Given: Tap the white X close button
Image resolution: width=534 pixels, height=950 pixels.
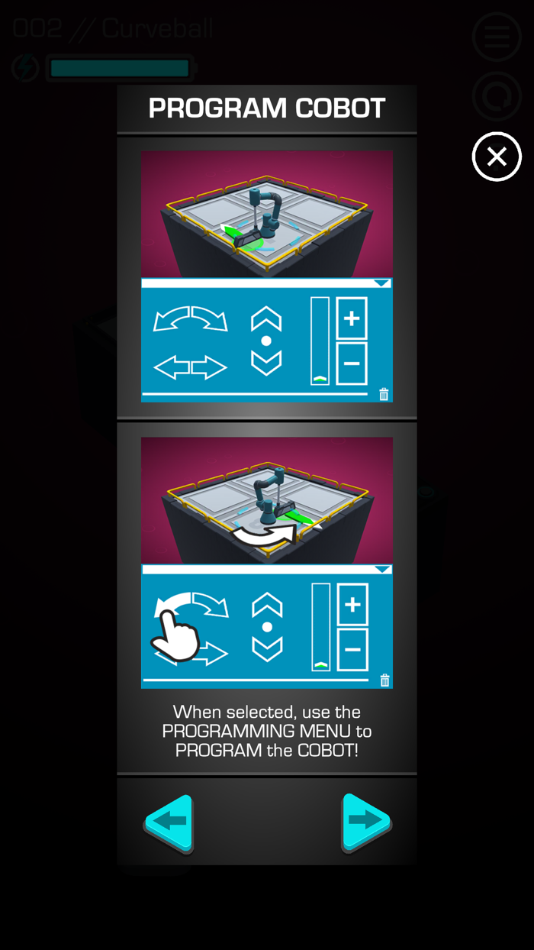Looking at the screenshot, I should pos(497,157).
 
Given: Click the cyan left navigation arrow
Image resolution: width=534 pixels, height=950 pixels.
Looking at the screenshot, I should pos(169,823).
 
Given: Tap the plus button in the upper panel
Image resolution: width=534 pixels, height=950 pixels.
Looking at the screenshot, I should pos(352,318).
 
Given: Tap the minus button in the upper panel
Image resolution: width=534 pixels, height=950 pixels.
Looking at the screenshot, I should pos(352,363).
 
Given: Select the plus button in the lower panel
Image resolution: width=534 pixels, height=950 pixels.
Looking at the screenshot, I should pos(352,605).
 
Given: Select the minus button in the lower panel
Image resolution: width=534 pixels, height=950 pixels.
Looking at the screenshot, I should pos(352,649).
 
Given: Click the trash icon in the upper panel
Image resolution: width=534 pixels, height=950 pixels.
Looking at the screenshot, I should pos(384,394).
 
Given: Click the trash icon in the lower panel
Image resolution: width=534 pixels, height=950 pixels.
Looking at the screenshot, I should pos(384,680).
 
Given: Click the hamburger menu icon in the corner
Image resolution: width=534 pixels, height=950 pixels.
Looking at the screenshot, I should pos(497,37).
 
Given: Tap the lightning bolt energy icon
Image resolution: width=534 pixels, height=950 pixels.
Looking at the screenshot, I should pos(25,68).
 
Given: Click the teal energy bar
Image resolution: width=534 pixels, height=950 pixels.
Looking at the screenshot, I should pos(120,69).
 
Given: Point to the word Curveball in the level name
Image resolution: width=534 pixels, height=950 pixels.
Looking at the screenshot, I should pos(157,29).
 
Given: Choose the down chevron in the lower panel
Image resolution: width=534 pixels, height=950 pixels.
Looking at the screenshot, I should pos(267,649).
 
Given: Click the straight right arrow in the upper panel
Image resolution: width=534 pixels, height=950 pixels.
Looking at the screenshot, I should pos(209,368).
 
